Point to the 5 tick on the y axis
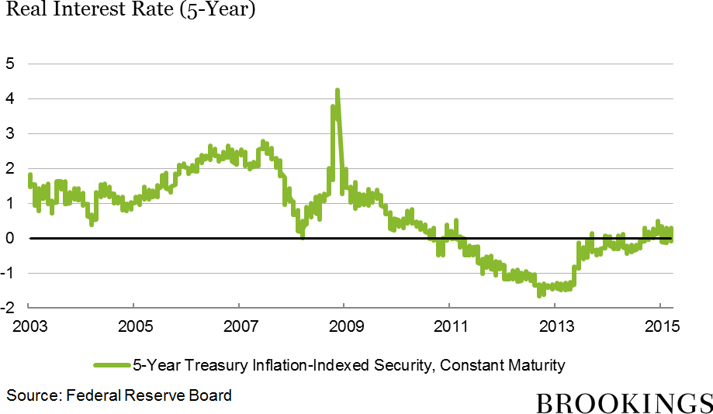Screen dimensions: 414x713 click(11, 64)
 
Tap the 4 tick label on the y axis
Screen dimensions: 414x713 click(11, 98)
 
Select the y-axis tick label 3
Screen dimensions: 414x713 click(11, 133)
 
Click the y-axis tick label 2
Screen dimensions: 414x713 click(11, 168)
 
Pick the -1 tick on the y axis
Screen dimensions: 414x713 click(9, 273)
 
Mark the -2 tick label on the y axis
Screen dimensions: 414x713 click(9, 308)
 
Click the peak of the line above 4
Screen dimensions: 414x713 click(337, 91)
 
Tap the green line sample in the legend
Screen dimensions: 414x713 click(112, 363)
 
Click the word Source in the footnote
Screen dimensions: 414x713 click(32, 395)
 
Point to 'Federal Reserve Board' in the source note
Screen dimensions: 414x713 click(149, 395)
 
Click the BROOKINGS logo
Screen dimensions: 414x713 click(623, 403)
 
